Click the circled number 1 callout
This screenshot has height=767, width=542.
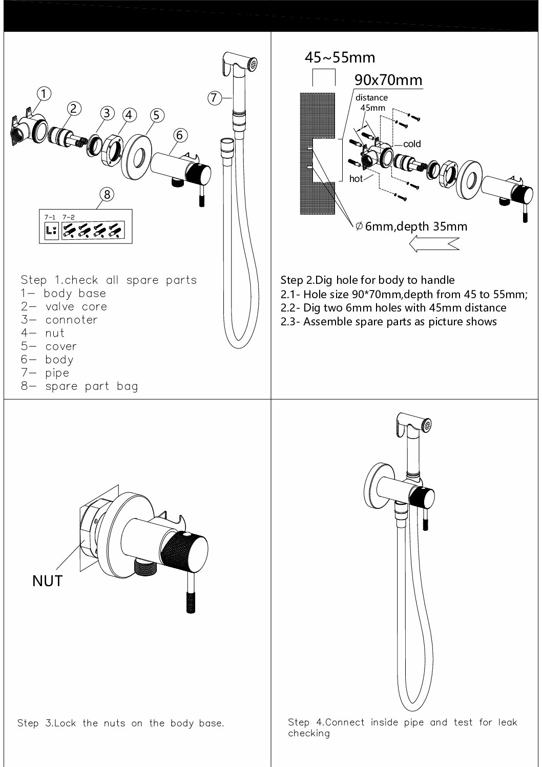(44, 94)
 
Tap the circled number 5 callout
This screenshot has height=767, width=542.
(157, 116)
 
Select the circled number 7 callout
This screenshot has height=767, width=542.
(215, 97)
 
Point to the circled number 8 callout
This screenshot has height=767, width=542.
(107, 195)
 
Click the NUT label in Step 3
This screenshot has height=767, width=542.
(47, 581)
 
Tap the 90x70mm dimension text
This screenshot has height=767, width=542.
(388, 80)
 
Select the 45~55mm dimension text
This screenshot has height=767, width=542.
(340, 57)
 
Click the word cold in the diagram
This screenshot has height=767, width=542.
(412, 144)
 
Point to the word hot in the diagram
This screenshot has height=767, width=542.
(356, 179)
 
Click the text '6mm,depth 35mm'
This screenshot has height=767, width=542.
(415, 226)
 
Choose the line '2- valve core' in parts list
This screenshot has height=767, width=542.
(64, 306)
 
